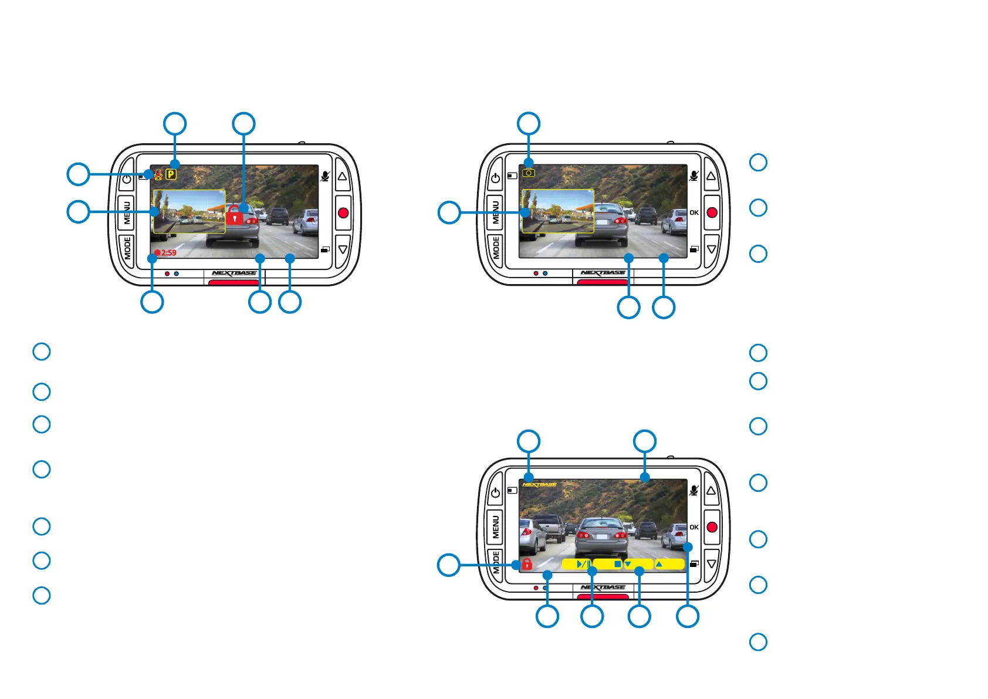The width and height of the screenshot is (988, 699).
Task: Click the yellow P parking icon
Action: pos(171,174)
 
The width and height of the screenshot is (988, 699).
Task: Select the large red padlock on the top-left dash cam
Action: pos(235,216)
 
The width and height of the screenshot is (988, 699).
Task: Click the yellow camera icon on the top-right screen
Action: pos(529,173)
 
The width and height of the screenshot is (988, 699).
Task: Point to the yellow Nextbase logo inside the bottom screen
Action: pos(539,485)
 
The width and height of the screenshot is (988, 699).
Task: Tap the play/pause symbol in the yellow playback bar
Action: pos(583,564)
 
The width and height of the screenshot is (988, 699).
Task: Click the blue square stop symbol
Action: pos(617,564)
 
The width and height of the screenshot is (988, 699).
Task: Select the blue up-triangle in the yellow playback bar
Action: pos(659,564)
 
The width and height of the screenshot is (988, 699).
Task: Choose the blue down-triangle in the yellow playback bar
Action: pos(628,564)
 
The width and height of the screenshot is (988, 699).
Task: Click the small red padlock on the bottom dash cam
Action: pos(527,565)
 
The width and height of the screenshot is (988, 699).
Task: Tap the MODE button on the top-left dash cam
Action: pos(127,248)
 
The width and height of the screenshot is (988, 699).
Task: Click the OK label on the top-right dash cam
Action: pos(694,212)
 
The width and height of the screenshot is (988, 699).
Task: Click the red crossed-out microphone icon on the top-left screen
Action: pos(158,174)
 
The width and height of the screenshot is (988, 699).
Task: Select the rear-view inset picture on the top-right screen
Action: pos(557,211)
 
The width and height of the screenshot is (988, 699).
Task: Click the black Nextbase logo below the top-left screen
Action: pos(234,273)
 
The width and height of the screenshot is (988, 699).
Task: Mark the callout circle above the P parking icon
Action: pos(175,124)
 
